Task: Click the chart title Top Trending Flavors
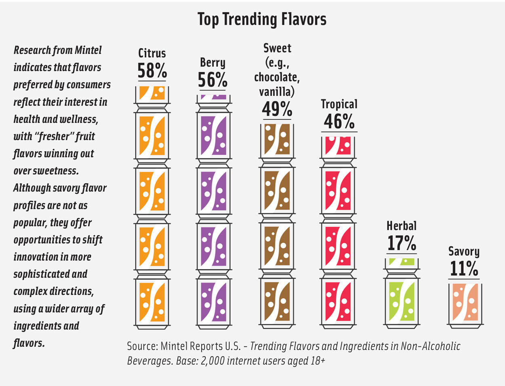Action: tap(262, 19)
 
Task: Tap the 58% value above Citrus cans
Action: tap(152, 71)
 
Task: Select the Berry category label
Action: tap(213, 63)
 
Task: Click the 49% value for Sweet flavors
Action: tap(277, 109)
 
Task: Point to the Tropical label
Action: tap(339, 104)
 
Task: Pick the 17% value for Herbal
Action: tap(401, 243)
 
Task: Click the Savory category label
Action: tap(464, 251)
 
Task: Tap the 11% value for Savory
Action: tap(464, 268)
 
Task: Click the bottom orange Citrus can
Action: tap(152, 301)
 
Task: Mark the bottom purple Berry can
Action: tap(214, 301)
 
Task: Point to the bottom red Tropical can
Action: tap(338, 301)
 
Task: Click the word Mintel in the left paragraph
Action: tap(88, 50)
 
